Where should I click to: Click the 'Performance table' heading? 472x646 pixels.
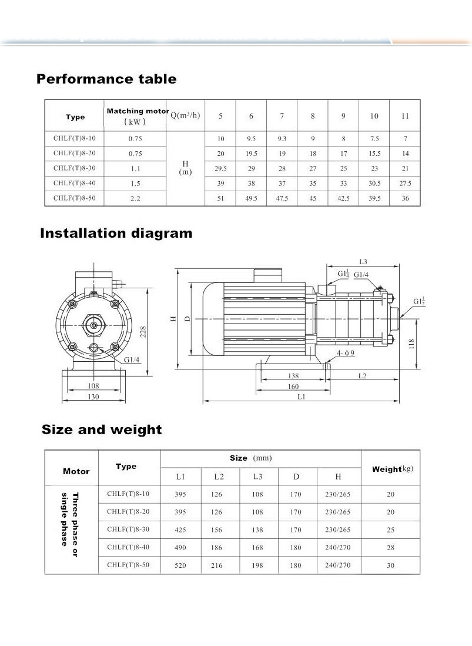coord(106,79)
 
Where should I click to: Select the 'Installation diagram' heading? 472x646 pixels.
coord(116,233)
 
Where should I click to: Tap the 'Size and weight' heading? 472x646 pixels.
coord(102,429)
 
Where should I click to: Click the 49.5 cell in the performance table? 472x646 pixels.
coord(251,199)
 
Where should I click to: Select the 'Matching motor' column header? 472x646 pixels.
coord(135,116)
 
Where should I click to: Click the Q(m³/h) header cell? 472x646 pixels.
coord(185,115)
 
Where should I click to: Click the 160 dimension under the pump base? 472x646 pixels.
coord(293,387)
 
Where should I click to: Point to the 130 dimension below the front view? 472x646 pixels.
coord(93,397)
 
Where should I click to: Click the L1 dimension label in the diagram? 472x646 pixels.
coord(302,397)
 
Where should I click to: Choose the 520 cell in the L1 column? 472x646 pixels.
coord(180,565)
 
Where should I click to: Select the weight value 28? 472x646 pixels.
coord(391,547)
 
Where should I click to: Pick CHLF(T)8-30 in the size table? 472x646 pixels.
coord(128,530)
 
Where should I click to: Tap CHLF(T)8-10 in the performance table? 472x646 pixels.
coord(73,139)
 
